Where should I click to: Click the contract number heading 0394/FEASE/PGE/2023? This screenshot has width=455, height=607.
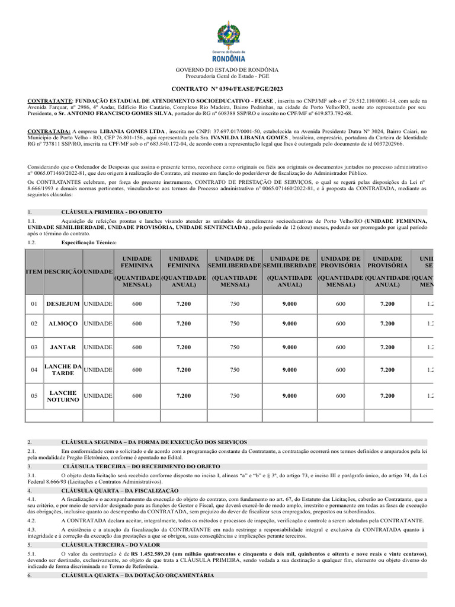[x=227, y=88]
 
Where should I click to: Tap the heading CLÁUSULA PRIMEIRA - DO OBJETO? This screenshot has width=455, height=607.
[x=111, y=212]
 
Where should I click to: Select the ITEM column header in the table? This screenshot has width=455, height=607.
[x=34, y=271]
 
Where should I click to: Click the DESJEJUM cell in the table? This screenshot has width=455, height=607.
[x=63, y=304]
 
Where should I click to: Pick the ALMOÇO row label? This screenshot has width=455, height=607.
[x=63, y=324]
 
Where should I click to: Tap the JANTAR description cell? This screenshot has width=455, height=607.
[x=63, y=347]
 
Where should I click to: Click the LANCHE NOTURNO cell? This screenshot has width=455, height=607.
[x=63, y=396]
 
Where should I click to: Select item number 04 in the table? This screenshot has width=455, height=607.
[x=34, y=370]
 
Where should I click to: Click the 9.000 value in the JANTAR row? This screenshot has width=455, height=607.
[x=290, y=347]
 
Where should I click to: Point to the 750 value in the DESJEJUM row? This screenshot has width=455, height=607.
[x=235, y=304]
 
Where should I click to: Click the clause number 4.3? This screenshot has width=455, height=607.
[x=32, y=528]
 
